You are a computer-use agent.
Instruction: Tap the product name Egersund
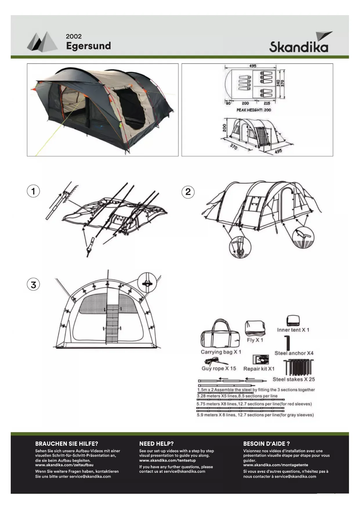[88, 46]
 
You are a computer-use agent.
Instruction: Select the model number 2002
[74, 36]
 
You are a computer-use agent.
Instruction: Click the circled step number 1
[33, 191]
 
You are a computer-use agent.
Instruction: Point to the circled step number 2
[188, 192]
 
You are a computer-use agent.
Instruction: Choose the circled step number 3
[33, 285]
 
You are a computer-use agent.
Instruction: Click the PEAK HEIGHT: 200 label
[254, 110]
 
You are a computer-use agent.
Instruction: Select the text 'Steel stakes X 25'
[294, 379]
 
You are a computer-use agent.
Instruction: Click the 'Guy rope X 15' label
[219, 369]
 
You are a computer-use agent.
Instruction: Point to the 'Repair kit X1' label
[259, 369]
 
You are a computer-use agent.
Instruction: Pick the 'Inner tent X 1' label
[293, 330]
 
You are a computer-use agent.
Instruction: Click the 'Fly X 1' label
[255, 340]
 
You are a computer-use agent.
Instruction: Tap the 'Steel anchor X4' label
[294, 353]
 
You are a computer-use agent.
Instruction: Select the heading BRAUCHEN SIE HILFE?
[67, 444]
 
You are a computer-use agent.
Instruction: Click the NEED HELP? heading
[156, 444]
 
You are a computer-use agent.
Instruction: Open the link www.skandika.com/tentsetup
[167, 461]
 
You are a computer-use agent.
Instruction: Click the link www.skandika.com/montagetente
[276, 465]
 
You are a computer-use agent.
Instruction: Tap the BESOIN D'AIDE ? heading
[266, 444]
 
